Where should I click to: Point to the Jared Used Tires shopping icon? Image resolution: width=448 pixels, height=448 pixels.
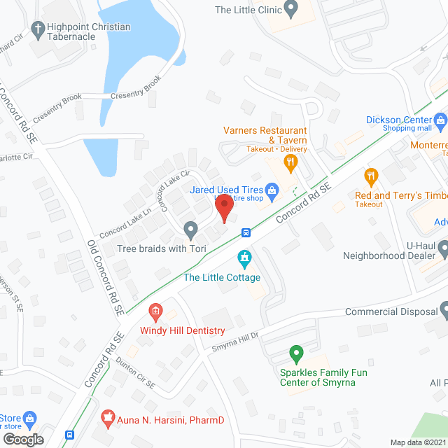pyautogui.click(x=273, y=190)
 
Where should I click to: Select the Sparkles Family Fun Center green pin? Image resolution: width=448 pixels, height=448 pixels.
pyautogui.click(x=295, y=353)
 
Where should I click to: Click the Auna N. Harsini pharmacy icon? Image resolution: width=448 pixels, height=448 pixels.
pyautogui.click(x=108, y=419)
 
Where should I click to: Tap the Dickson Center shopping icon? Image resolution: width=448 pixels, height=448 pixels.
pyautogui.click(x=440, y=120)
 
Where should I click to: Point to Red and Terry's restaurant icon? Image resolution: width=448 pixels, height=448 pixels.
pyautogui.click(x=371, y=176)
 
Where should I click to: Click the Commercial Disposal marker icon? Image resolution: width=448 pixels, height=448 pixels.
pyautogui.click(x=444, y=311)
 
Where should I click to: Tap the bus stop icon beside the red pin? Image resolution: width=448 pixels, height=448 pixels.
pyautogui.click(x=246, y=232)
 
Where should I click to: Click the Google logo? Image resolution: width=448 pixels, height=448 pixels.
pyautogui.click(x=23, y=439)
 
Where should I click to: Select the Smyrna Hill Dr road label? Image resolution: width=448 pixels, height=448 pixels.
pyautogui.click(x=235, y=336)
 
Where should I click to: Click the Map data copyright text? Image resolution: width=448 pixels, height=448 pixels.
pyautogui.click(x=418, y=442)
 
